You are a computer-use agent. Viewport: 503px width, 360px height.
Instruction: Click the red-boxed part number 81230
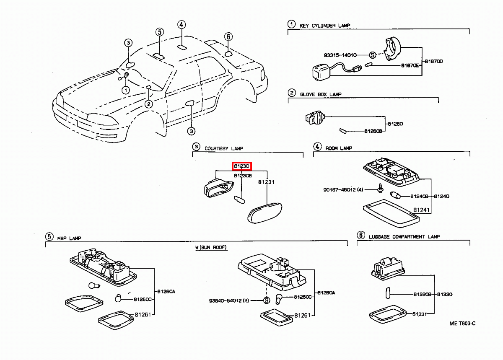[242, 166]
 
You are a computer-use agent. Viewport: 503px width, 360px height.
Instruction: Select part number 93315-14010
[340, 55]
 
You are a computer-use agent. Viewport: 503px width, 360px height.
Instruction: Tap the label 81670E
[410, 65]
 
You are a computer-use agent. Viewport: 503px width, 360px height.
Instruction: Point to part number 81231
[266, 182]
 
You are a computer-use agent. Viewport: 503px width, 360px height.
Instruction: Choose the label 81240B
[419, 196]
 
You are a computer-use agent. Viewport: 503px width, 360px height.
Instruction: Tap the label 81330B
[422, 295]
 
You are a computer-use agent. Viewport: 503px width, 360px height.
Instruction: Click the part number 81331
[419, 314]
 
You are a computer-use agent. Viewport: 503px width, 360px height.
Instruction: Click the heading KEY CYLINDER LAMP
[324, 26]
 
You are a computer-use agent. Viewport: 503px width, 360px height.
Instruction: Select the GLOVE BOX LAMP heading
[321, 94]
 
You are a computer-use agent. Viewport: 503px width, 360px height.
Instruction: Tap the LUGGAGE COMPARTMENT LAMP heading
[404, 237]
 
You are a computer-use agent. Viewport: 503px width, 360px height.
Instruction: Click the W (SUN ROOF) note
[211, 248]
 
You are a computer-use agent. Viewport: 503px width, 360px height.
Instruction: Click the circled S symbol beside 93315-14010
[372, 55]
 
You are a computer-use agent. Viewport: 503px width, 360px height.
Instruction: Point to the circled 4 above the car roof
[181, 25]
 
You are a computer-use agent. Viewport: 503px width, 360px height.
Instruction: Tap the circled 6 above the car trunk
[228, 36]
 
